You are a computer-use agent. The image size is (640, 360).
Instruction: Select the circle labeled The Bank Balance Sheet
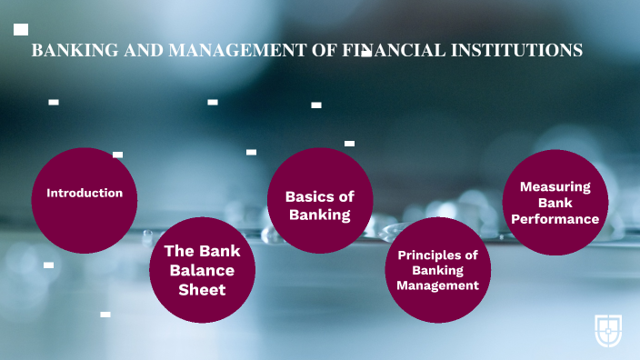(202, 270)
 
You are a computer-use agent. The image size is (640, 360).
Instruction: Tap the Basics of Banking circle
(320, 201)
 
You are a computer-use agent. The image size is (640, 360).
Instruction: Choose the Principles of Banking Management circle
(438, 270)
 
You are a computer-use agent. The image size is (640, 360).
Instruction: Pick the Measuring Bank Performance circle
(555, 202)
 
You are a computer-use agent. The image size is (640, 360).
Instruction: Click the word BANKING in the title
(68, 51)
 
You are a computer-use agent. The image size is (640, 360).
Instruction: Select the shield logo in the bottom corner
(608, 331)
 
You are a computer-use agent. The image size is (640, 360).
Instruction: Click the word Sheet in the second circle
(202, 290)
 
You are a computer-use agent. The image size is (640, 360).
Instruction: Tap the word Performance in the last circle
(555, 219)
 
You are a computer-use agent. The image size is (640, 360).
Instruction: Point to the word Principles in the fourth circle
(438, 255)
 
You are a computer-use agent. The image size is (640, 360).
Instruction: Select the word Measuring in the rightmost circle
(555, 186)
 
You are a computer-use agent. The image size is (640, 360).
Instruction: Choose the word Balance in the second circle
(202, 271)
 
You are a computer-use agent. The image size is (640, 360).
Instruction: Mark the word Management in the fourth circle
(438, 285)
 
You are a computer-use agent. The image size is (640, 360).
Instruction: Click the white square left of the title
(21, 29)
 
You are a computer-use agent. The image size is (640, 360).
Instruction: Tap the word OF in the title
(323, 51)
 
